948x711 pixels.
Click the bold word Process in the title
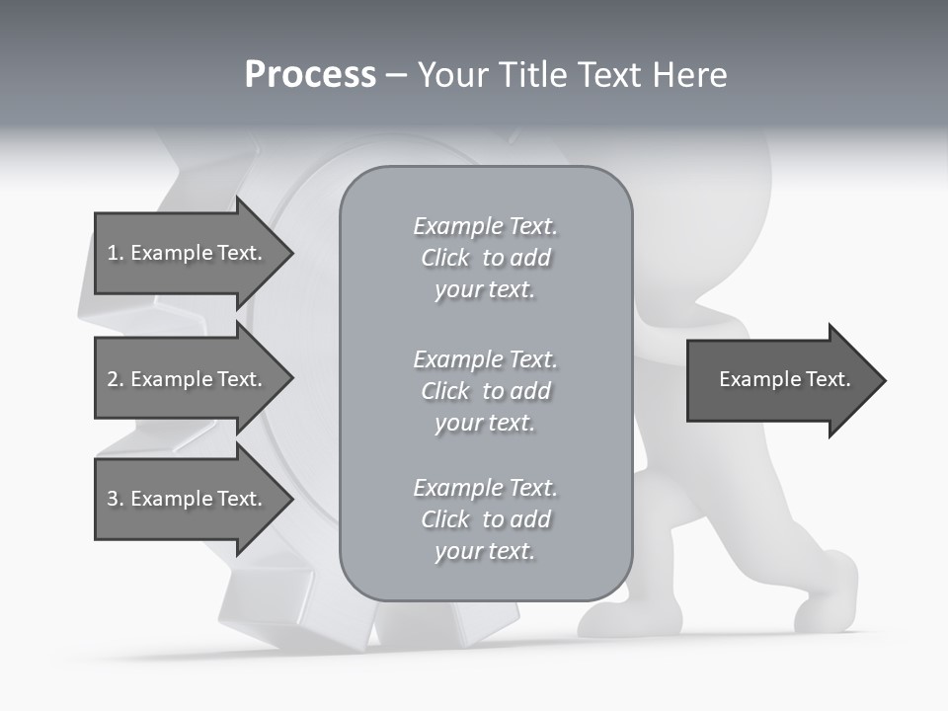pyautogui.click(x=310, y=74)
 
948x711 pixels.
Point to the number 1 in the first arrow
pyautogui.click(x=113, y=253)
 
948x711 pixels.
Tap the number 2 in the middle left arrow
pyautogui.click(x=113, y=379)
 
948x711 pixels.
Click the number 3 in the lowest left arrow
pyautogui.click(x=113, y=499)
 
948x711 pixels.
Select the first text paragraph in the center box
pyautogui.click(x=485, y=258)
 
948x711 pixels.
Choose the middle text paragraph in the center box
pyautogui.click(x=485, y=391)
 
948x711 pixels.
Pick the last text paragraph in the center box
pyautogui.click(x=485, y=519)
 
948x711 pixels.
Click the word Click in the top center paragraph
pyautogui.click(x=445, y=258)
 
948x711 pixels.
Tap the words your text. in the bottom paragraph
pyautogui.click(x=485, y=551)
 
